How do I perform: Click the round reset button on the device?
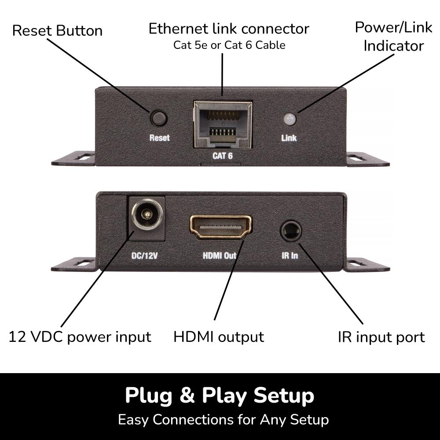tap(159, 118)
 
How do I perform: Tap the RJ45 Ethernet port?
tap(223, 124)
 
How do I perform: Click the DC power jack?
tap(146, 217)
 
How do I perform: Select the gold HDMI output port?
tap(220, 227)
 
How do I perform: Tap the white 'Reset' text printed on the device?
tap(159, 138)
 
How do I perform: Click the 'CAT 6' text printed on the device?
tap(223, 156)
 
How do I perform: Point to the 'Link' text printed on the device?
tap(289, 138)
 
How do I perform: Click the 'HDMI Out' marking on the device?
tap(220, 255)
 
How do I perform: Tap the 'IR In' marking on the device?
tap(290, 255)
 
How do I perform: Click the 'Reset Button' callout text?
tap(57, 31)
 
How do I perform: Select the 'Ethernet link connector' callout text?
tap(229, 29)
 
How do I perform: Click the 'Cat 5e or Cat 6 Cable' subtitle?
tap(229, 45)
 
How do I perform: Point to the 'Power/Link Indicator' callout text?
tap(388, 36)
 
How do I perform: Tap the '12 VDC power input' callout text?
tap(80, 337)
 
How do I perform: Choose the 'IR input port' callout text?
tap(381, 337)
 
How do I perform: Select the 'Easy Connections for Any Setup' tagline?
tap(223, 419)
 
